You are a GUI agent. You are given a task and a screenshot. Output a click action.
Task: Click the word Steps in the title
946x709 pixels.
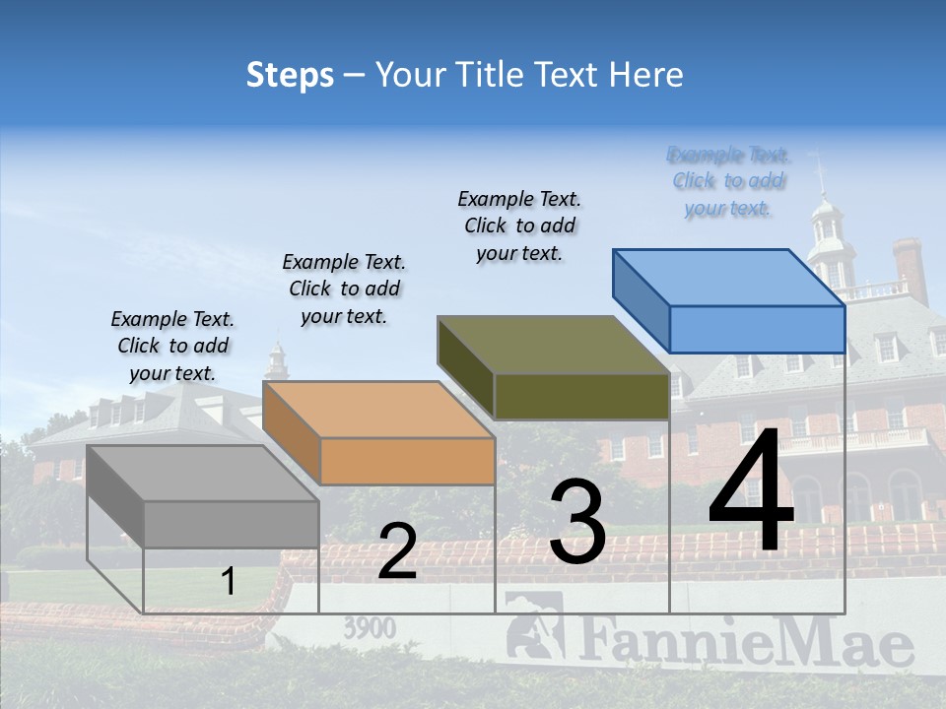click(290, 75)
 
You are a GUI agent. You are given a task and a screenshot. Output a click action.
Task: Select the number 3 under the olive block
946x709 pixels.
click(577, 522)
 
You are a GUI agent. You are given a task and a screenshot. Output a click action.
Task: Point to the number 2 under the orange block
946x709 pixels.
click(397, 551)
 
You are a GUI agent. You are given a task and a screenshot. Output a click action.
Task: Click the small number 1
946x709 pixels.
click(228, 582)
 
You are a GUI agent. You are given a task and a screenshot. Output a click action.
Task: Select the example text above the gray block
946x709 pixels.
click(172, 346)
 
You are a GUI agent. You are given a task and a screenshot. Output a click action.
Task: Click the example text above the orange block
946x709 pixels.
click(344, 289)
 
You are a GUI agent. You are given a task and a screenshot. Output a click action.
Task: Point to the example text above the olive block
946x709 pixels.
click(519, 226)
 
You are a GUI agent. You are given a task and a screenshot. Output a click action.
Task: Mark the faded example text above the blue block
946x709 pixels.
click(728, 181)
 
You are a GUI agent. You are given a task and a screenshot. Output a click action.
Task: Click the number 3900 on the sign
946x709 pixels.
click(370, 628)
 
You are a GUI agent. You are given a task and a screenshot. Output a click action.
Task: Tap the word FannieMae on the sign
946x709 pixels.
click(745, 642)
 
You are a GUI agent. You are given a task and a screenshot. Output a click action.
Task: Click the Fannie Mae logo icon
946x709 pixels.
click(532, 625)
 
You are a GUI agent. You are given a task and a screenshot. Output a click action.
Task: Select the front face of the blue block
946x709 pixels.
click(757, 329)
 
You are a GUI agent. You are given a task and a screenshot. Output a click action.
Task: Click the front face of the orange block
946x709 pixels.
click(407, 461)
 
